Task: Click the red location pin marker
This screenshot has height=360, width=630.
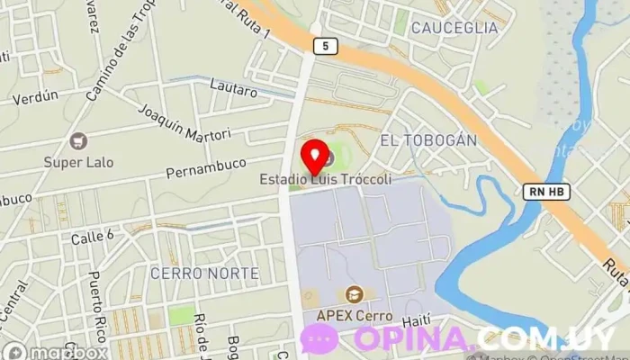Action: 312,155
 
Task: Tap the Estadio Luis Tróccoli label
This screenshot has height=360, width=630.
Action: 326,180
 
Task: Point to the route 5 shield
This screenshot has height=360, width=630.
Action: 322,44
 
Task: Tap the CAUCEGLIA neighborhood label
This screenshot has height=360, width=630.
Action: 454,28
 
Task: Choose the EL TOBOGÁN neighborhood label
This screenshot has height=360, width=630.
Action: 427,140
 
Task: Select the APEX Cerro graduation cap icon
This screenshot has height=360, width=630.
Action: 354,295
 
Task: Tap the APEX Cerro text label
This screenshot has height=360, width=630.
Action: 353,316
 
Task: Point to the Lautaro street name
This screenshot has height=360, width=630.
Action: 227,86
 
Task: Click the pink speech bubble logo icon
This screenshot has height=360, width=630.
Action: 319,338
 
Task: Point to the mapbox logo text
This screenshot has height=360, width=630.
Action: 63,352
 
